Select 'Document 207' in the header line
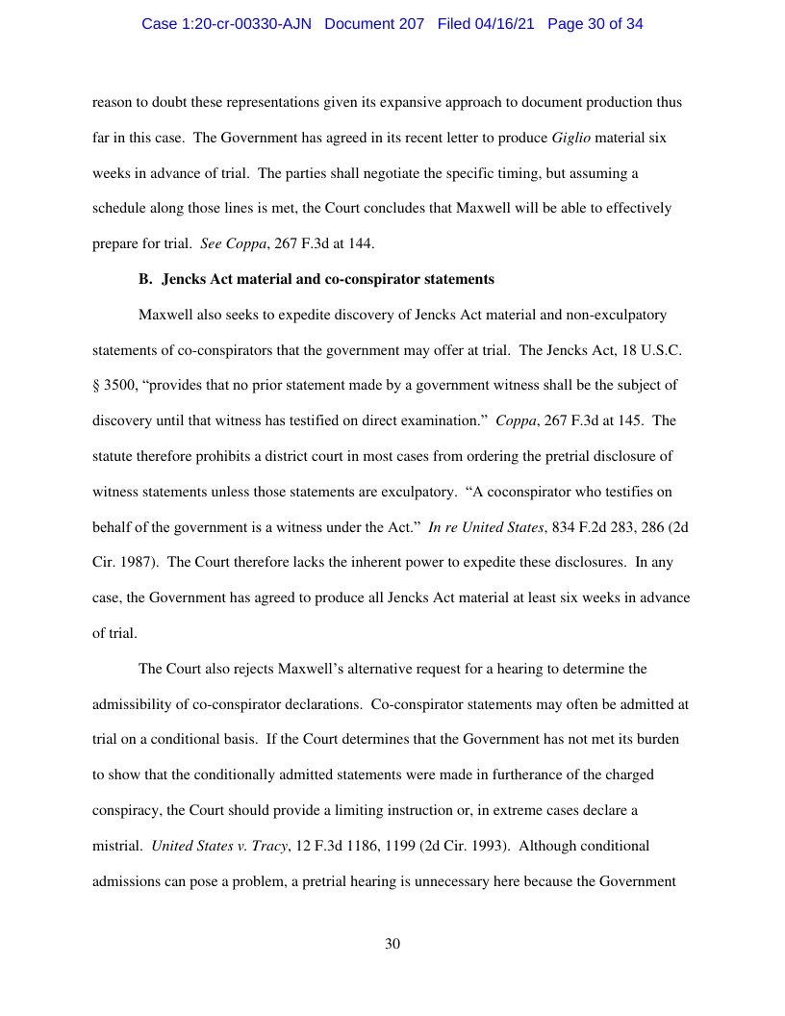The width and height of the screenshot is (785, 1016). [x=374, y=24]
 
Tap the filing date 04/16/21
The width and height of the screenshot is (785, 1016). [x=509, y=24]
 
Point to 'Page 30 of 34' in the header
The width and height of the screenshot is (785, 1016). [x=595, y=24]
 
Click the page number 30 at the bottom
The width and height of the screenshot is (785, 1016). [x=392, y=944]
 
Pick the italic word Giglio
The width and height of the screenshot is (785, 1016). [x=571, y=139]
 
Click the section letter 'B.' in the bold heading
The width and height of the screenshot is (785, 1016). [x=146, y=280]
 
